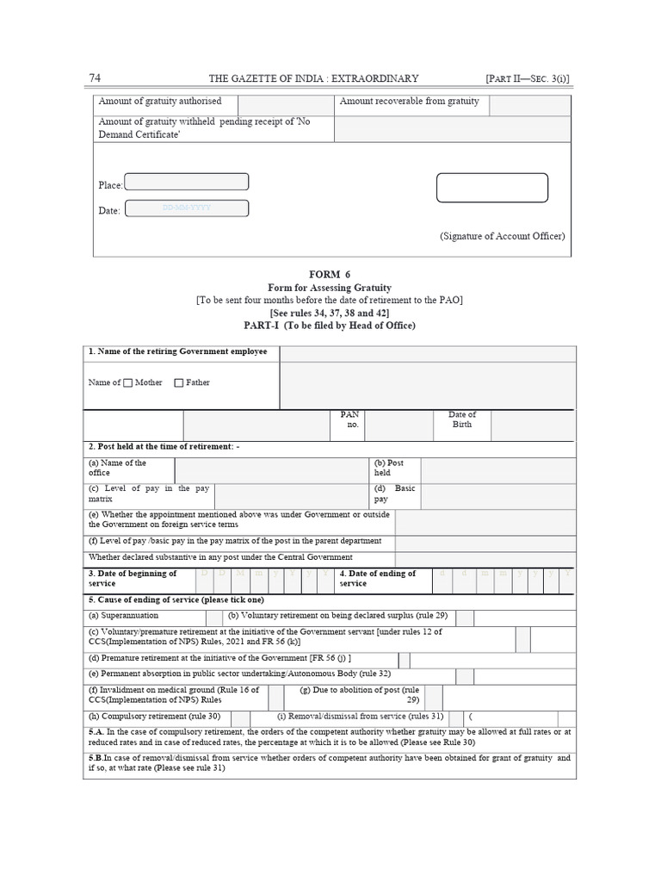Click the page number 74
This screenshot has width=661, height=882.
[x=95, y=78]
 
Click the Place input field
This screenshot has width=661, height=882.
[x=187, y=182]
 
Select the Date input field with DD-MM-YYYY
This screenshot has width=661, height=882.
[x=187, y=208]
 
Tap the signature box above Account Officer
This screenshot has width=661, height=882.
[x=491, y=188]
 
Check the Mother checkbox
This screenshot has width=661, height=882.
[x=128, y=382]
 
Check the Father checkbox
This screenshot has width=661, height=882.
[x=179, y=382]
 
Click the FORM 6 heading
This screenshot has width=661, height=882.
[x=330, y=274]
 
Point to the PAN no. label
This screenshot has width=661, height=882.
[x=351, y=419]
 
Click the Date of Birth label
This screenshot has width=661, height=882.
[x=462, y=419]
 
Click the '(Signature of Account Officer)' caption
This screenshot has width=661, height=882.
[x=503, y=236]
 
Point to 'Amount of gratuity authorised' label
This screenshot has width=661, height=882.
[x=160, y=102]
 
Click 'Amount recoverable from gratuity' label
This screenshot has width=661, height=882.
[x=410, y=102]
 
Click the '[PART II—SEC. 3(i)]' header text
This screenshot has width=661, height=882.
[x=528, y=79]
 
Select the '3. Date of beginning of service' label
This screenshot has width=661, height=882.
[x=133, y=578]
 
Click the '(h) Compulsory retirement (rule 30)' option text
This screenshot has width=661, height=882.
[x=154, y=717]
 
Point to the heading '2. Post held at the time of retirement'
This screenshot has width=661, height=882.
[x=164, y=447]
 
